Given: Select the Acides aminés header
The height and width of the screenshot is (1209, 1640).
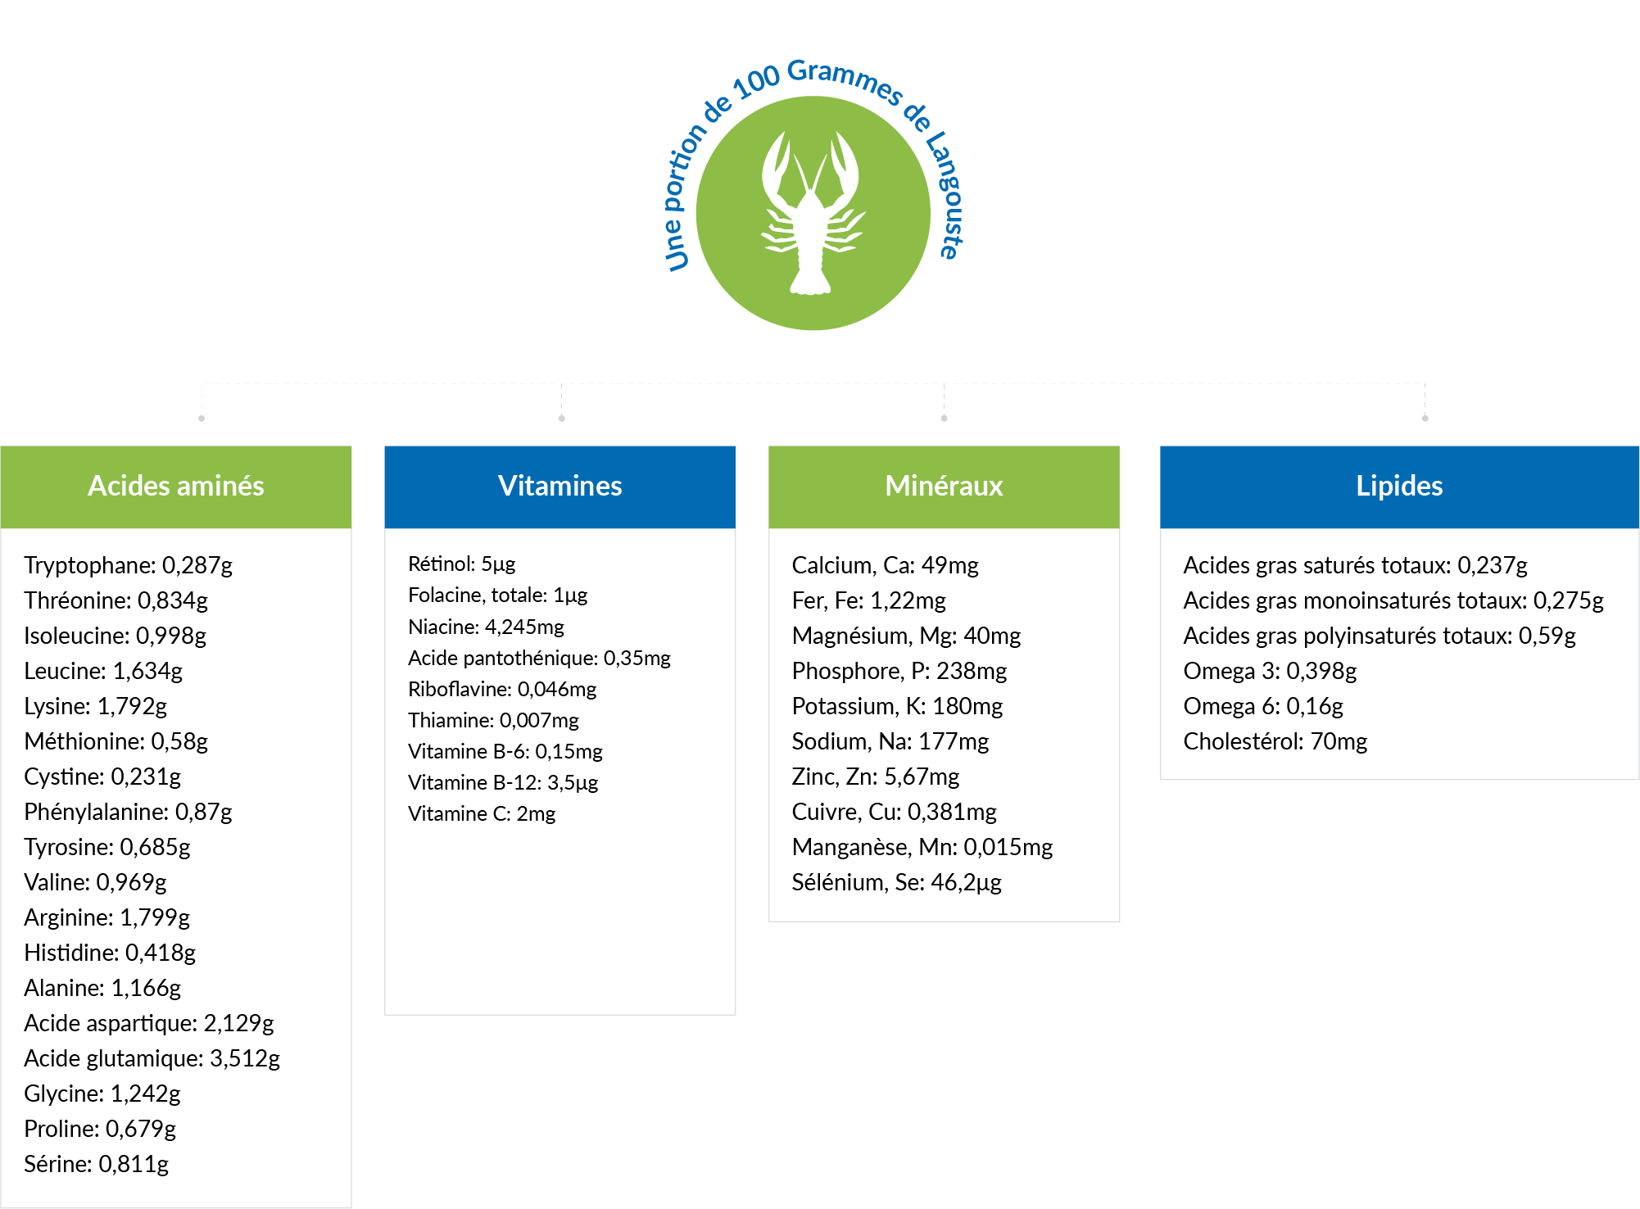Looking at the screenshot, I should tap(175, 487).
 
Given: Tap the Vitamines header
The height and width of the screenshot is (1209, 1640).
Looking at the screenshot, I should tap(560, 487).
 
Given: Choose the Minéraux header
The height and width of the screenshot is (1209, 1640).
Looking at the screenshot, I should tap(944, 487).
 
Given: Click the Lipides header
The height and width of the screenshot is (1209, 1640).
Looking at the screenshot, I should tap(1399, 487).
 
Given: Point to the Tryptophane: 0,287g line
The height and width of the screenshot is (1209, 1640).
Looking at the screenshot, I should tap(128, 565).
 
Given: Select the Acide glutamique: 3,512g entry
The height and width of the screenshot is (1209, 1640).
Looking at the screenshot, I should tap(152, 1058).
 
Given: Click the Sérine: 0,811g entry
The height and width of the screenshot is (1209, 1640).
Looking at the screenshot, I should tap(96, 1164).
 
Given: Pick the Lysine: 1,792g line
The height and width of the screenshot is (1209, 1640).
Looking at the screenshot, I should tap(95, 706).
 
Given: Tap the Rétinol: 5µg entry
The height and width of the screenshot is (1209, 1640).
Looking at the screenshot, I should tap(461, 564).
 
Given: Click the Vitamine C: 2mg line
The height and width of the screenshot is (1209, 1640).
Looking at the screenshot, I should tap(482, 813).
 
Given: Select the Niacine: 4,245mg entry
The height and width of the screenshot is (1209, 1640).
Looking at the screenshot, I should tap(486, 627).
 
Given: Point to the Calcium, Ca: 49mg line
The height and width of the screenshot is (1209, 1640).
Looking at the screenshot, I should tap(885, 565).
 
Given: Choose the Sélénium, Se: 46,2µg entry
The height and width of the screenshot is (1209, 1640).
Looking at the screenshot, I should tap(896, 882).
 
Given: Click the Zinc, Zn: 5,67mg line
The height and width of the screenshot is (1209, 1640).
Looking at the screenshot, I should tap(875, 777).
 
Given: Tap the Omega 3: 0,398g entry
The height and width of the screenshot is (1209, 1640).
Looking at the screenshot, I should tap(1269, 671).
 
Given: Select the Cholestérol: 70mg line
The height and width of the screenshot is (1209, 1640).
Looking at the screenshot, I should tap(1275, 741).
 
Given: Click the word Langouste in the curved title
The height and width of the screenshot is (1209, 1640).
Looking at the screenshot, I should tap(945, 197).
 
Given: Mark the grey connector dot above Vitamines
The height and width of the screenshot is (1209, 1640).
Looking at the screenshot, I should tap(561, 419).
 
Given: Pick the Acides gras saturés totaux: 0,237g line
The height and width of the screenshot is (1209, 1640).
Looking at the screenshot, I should tap(1355, 565).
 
